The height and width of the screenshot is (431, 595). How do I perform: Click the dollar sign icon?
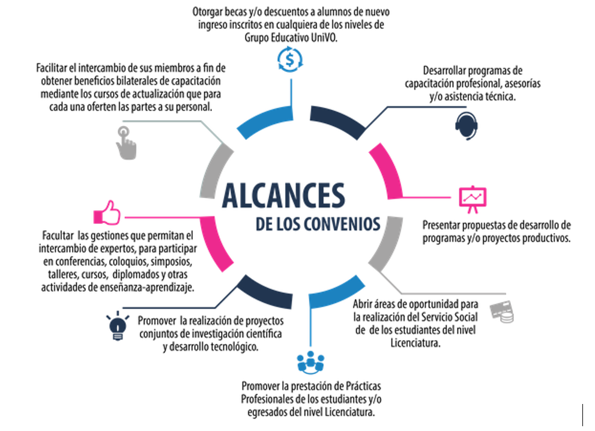(x=290, y=59)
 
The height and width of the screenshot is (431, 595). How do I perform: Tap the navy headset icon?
(x=467, y=126)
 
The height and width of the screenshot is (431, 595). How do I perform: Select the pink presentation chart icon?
(x=473, y=199)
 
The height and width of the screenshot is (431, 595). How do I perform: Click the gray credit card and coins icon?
(x=502, y=312)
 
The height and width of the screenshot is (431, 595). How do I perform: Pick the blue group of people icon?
(x=310, y=363)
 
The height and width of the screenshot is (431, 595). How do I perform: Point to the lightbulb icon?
(x=118, y=326)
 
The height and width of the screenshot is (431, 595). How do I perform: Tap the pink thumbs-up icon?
(x=107, y=212)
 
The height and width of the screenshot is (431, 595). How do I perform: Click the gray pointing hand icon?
(x=125, y=143)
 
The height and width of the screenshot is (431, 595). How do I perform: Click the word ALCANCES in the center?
(x=283, y=196)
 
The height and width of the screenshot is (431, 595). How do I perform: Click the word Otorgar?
(x=207, y=12)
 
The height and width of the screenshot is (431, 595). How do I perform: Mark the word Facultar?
(x=58, y=235)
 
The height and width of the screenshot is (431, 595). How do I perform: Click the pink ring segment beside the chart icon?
(x=387, y=170)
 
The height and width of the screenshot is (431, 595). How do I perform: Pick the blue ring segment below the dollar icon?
(x=265, y=121)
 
